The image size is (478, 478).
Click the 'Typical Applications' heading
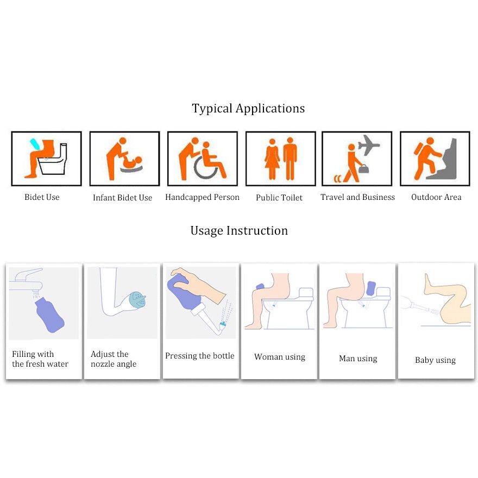248,109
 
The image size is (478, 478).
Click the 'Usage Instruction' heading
239,231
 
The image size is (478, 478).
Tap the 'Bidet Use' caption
42,197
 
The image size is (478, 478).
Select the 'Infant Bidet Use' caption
122,198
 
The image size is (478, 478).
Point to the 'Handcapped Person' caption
202,197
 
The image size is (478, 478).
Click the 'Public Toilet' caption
279,198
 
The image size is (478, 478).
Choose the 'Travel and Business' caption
357,197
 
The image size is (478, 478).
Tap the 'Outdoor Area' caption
436,197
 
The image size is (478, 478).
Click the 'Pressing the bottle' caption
200,356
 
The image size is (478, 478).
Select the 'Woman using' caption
280,357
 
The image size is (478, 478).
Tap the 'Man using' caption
358,358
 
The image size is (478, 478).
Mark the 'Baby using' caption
435,360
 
